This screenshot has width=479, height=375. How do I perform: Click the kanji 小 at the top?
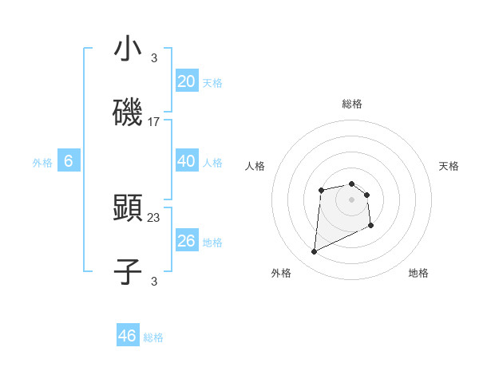point(128,49)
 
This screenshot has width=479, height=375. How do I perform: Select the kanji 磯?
point(128,113)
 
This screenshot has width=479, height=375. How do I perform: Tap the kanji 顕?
point(128,208)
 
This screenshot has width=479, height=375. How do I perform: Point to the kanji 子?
point(128,271)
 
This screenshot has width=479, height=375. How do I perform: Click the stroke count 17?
point(154,122)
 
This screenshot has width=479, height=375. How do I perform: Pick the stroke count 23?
point(154,217)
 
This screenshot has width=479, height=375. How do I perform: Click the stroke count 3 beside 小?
point(154,57)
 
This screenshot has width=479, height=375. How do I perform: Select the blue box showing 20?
point(186,81)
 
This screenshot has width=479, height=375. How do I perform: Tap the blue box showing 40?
point(186,161)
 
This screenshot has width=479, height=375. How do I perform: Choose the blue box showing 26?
point(186,241)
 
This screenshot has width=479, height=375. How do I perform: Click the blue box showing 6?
point(69,161)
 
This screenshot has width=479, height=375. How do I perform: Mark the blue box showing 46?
point(128,336)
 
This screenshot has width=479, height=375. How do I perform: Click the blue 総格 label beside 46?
point(153,337)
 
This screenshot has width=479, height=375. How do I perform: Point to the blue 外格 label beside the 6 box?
point(42,163)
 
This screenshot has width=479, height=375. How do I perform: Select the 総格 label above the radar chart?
point(352,104)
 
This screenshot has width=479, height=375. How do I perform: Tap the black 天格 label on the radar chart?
point(449,166)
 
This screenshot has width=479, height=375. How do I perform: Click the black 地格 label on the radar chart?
point(418,273)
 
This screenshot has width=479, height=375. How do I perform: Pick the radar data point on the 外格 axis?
point(314,252)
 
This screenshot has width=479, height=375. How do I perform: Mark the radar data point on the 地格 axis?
point(371,226)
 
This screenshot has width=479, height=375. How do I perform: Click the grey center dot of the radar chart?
point(352,199)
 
